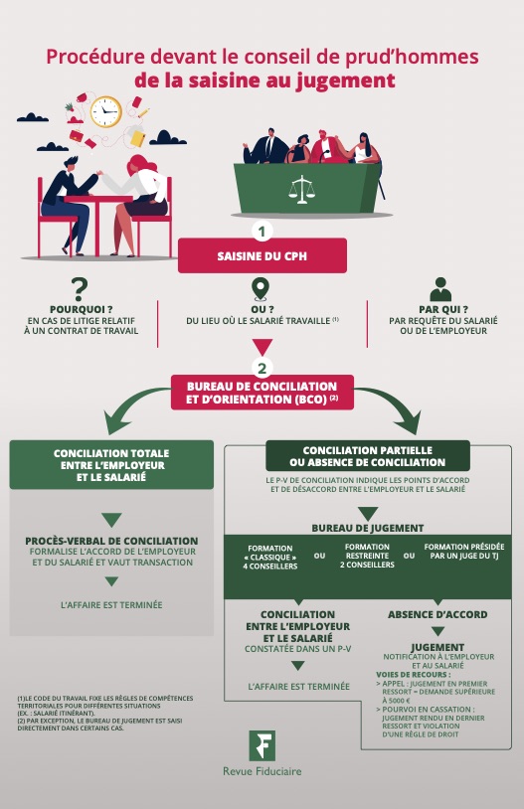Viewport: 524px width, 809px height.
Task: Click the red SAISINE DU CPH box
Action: (262, 255)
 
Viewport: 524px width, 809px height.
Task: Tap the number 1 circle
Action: (262, 231)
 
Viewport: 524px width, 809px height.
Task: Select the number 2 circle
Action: (262, 369)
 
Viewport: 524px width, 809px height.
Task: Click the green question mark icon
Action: (79, 289)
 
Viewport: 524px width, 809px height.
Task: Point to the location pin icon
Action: (261, 289)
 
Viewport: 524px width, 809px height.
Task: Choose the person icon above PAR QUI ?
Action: (440, 289)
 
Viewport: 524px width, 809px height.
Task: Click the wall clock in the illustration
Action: (105, 111)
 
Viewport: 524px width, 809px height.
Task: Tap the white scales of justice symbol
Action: (301, 190)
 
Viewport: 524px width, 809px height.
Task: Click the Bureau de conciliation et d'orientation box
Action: (262, 393)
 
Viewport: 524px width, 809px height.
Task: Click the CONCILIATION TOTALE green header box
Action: (111, 465)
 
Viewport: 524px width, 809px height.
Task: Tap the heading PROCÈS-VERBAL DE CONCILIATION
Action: (111, 541)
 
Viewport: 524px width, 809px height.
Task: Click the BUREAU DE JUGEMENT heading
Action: (368, 528)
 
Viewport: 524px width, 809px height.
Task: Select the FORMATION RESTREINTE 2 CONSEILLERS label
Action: (367, 556)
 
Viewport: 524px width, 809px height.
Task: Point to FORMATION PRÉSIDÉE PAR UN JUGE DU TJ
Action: (464, 551)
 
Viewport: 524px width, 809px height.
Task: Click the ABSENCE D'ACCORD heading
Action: (437, 614)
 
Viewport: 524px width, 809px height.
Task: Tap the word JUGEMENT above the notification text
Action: (437, 647)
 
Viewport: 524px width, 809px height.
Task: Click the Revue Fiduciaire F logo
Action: (262, 745)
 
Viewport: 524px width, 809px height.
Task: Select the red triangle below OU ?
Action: (262, 347)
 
